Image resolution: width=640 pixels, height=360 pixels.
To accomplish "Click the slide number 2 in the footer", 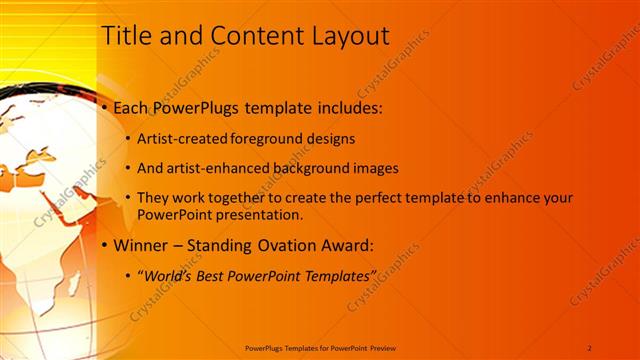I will [590, 347].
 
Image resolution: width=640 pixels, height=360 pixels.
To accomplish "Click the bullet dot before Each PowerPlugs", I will [105, 107].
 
